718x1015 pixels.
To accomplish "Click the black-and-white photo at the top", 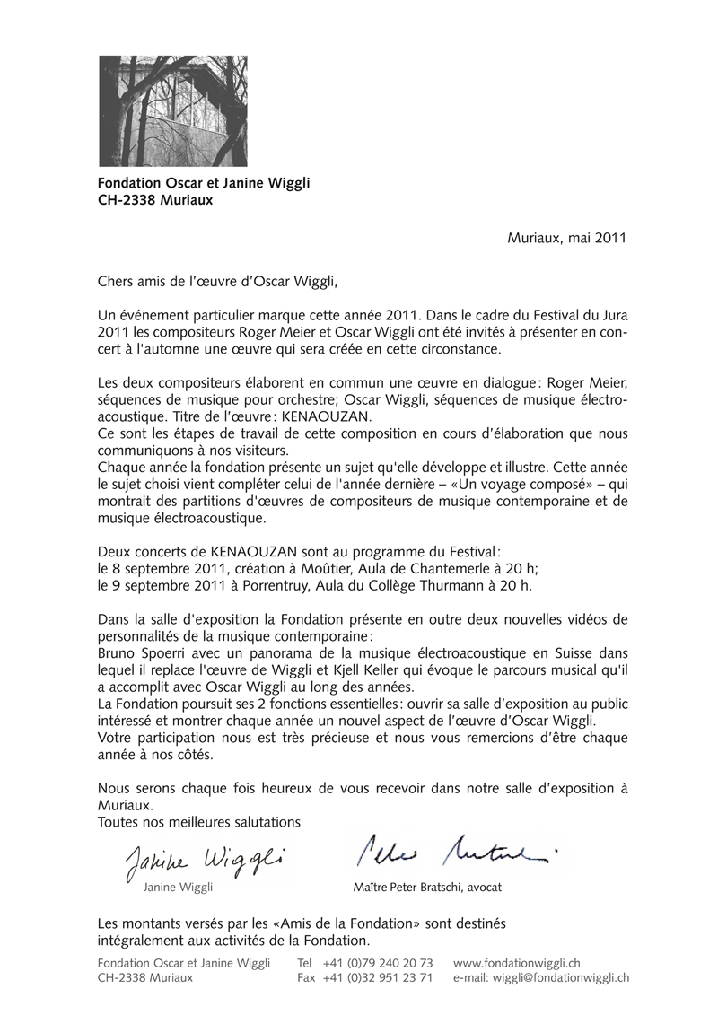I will (x=172, y=110).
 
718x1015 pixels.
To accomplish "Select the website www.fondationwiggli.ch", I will (x=517, y=962).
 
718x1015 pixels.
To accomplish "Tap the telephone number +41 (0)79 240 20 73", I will (x=378, y=962).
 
